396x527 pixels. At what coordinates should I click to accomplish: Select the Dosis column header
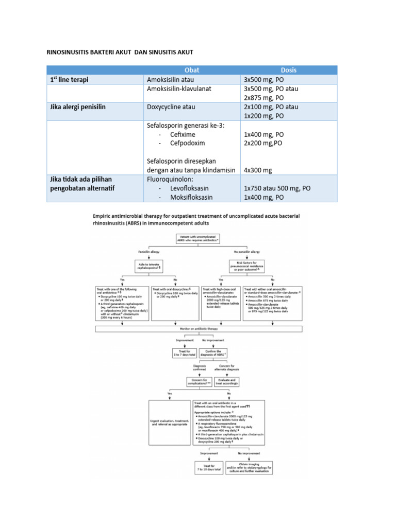tap(288, 70)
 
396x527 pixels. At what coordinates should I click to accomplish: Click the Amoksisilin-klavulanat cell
tap(179, 89)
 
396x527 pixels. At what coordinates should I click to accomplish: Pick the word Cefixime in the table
tap(182, 134)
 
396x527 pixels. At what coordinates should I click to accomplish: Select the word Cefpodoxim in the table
tap(187, 143)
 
